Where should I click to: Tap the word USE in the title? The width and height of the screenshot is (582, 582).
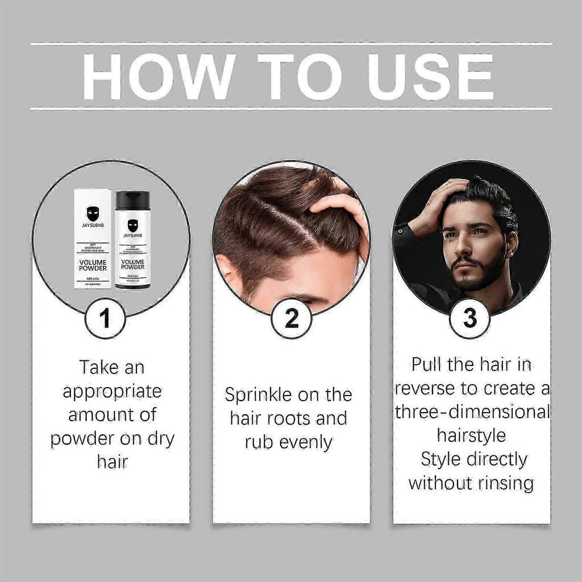(x=432, y=76)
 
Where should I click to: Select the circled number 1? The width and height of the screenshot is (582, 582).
(x=105, y=318)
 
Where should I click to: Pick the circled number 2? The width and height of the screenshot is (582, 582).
(x=291, y=318)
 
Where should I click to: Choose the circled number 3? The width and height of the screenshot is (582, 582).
(x=470, y=318)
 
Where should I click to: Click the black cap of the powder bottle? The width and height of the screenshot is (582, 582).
(x=132, y=199)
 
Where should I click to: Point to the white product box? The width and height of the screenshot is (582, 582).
(x=93, y=239)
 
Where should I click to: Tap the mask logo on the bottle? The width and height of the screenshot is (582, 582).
(x=132, y=225)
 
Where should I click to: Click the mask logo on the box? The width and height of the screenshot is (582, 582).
(x=93, y=214)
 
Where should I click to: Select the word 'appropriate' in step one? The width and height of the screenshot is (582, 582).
(x=112, y=392)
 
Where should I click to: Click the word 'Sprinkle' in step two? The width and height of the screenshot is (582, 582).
(x=260, y=394)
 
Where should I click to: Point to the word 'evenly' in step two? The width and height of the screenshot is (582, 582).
(x=310, y=443)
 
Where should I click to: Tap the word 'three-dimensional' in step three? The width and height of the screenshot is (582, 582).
(x=472, y=411)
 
